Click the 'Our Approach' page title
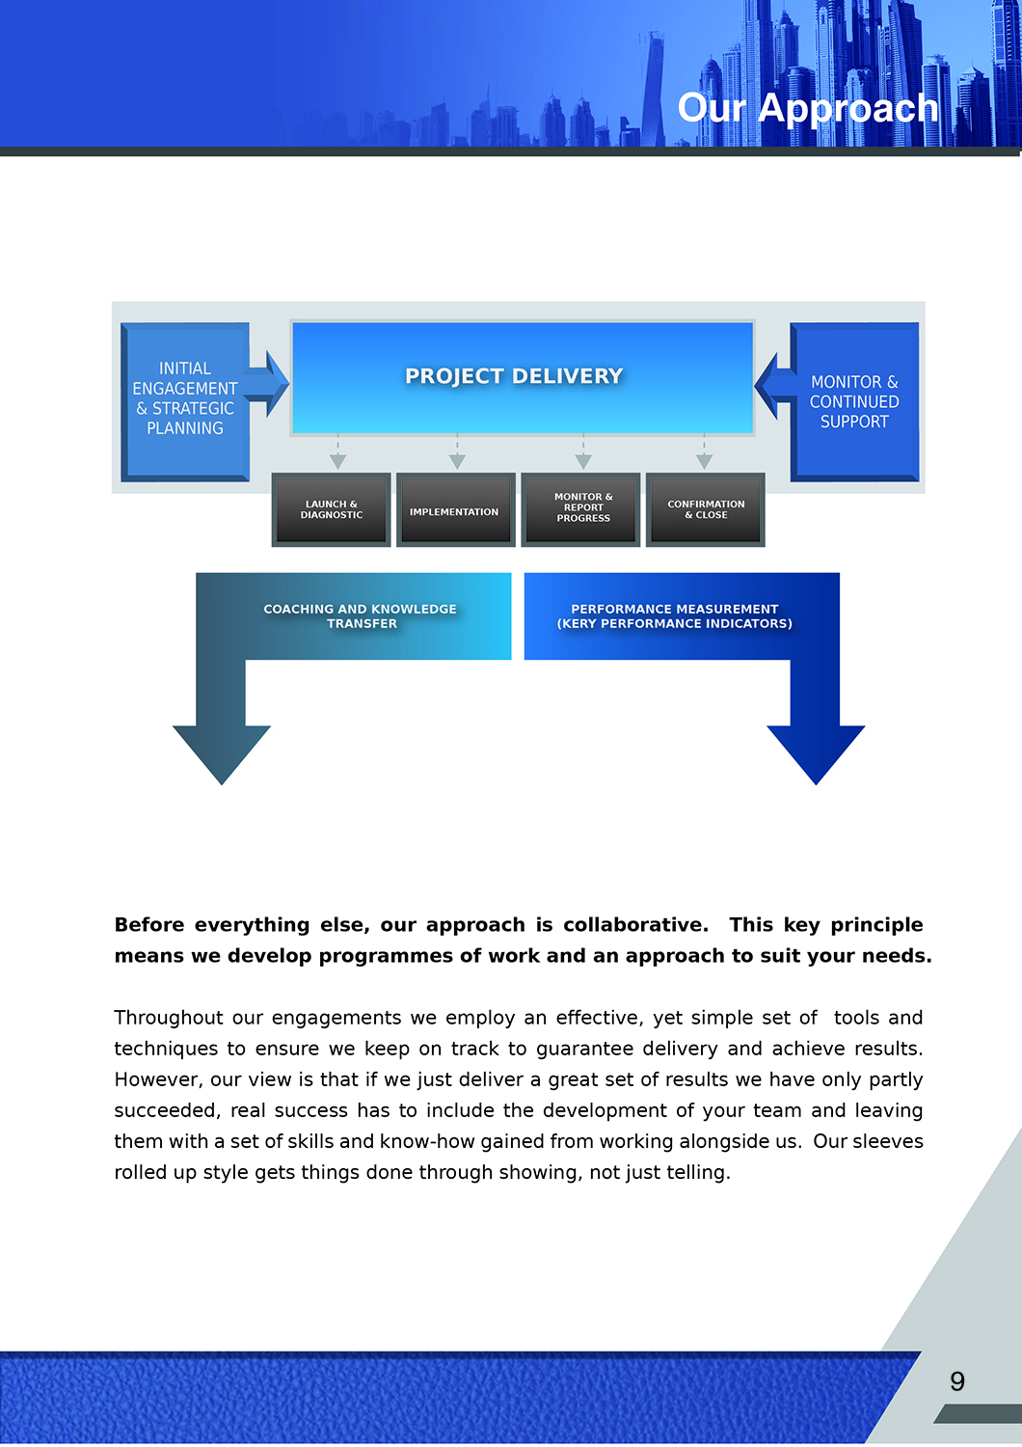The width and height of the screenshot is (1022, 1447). pyautogui.click(x=808, y=108)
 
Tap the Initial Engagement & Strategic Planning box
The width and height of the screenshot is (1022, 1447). pyautogui.click(x=185, y=399)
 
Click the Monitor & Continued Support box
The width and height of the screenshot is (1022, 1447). pyautogui.click(x=854, y=402)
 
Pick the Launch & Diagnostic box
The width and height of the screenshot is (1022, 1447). pyautogui.click(x=332, y=510)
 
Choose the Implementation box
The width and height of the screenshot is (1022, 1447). pyautogui.click(x=455, y=511)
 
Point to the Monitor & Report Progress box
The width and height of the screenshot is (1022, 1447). pyautogui.click(x=582, y=508)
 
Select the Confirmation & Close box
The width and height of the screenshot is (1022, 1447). pyautogui.click(x=706, y=510)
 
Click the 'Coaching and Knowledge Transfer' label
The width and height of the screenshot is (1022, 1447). pyautogui.click(x=361, y=616)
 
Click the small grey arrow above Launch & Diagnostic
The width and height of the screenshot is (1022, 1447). pyautogui.click(x=337, y=460)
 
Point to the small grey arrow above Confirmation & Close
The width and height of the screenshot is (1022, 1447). pyautogui.click(x=704, y=460)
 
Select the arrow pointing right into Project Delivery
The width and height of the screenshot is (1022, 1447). pyautogui.click(x=271, y=384)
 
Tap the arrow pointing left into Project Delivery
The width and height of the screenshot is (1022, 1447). pyautogui.click(x=771, y=385)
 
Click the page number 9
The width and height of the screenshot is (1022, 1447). pyautogui.click(x=957, y=1381)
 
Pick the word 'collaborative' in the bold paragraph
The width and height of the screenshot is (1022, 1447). pyautogui.click(x=634, y=925)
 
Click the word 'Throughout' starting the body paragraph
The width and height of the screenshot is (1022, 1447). pyautogui.click(x=159, y=1018)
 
